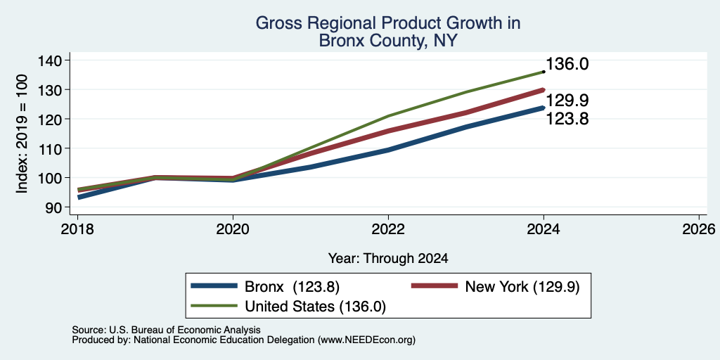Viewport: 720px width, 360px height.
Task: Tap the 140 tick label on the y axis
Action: click(x=58, y=60)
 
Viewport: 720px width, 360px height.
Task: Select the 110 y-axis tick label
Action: click(x=58, y=148)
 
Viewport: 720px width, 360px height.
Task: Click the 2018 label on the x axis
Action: click(x=77, y=229)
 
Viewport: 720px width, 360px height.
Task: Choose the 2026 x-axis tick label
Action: click(x=699, y=229)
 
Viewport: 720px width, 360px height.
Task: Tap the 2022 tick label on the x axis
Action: click(x=388, y=229)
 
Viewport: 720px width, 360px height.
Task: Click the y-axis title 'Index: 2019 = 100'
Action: click(x=22, y=134)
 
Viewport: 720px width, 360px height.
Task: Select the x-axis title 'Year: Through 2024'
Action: click(x=388, y=259)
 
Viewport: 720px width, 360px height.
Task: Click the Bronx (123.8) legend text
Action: click(x=292, y=287)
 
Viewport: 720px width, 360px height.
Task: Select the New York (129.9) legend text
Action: click(x=522, y=287)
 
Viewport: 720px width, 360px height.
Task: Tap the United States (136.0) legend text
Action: click(x=315, y=307)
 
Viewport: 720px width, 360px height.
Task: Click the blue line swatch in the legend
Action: click(x=214, y=286)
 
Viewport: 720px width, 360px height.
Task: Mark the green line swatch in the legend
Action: click(x=214, y=306)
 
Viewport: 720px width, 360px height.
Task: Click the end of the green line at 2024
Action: click(x=544, y=72)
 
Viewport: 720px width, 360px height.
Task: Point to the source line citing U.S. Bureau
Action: click(x=166, y=330)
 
